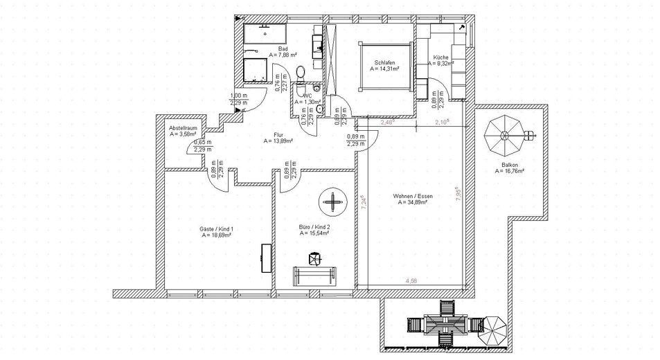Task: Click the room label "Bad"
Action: pyautogui.click(x=283, y=48)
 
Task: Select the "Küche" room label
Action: pyautogui.click(x=440, y=57)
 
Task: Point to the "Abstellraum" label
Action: pyautogui.click(x=184, y=128)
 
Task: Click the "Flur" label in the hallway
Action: pyautogui.click(x=278, y=135)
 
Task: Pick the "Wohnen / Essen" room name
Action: pyautogui.click(x=412, y=197)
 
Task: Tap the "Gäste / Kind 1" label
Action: pyautogui.click(x=216, y=228)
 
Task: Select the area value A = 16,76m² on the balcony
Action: pyautogui.click(x=509, y=171)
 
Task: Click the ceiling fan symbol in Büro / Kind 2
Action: pyautogui.click(x=333, y=202)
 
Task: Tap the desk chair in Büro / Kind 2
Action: pyautogui.click(x=314, y=258)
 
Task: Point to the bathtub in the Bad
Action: pyautogui.click(x=266, y=32)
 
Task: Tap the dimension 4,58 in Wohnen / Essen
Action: pyautogui.click(x=411, y=280)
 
